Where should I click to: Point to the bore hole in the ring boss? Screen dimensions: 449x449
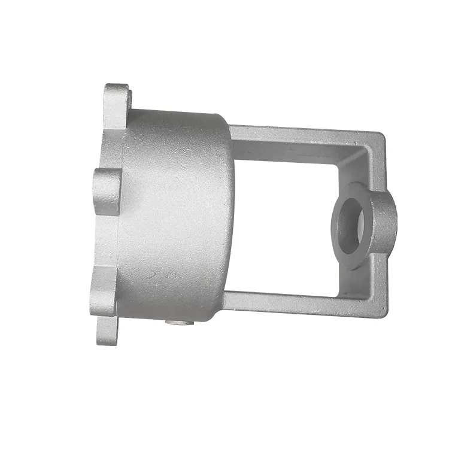[351, 224]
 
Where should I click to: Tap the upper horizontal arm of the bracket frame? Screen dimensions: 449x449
[299, 135]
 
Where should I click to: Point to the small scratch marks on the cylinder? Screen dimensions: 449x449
[157, 274]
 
